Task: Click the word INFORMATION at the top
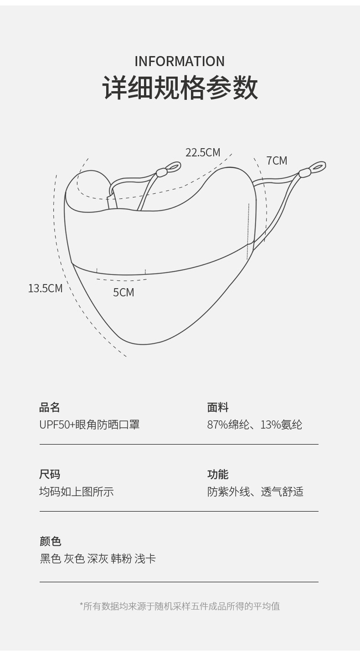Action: [180, 61]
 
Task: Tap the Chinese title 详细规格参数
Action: [180, 88]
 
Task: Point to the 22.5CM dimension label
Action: [202, 152]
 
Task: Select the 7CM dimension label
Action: [277, 160]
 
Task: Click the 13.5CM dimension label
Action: [45, 288]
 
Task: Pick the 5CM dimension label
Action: [123, 292]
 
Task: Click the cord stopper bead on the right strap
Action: [304, 173]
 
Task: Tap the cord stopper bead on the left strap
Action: [161, 172]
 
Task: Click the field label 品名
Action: [50, 407]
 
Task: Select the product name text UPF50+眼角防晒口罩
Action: [89, 424]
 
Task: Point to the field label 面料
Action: [218, 407]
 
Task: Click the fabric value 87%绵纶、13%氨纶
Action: [254, 424]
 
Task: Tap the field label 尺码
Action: [50, 474]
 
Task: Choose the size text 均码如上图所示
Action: [77, 492]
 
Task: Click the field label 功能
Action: [218, 474]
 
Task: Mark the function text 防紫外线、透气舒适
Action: [255, 492]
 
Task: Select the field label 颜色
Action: [50, 541]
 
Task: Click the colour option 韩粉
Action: [121, 559]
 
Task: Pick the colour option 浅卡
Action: [145, 559]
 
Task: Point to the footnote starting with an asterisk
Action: [180, 606]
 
